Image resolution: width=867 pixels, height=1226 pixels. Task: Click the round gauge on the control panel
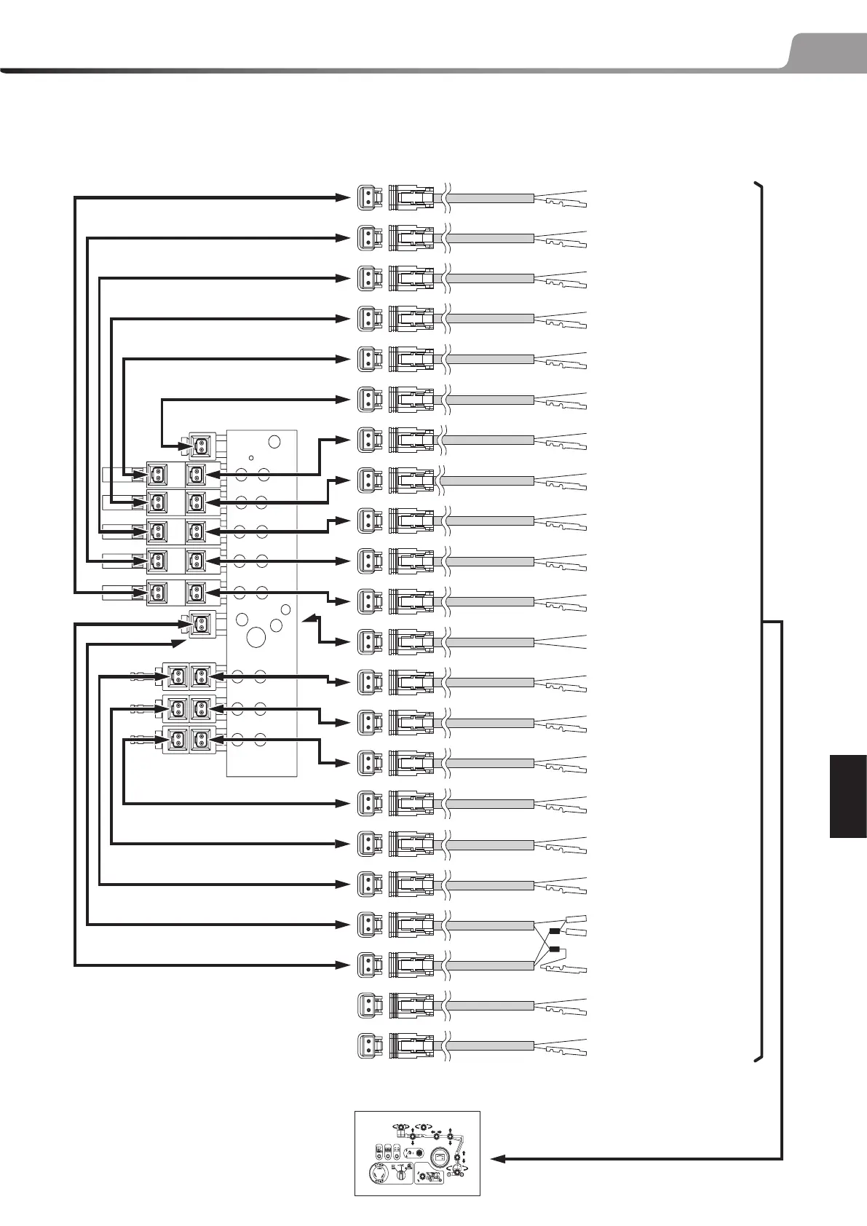tap(440, 1157)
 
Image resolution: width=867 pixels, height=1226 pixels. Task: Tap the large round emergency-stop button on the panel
tap(378, 1171)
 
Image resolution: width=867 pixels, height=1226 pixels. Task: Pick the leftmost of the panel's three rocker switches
tap(379, 1152)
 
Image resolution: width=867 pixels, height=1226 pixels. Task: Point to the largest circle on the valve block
tap(256, 637)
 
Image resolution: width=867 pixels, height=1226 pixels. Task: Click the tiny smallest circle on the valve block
tap(250, 458)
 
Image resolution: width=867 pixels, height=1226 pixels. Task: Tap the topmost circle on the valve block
tap(274, 441)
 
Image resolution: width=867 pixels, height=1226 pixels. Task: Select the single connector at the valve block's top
tap(199, 446)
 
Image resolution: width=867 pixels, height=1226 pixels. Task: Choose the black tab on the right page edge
tap(847, 796)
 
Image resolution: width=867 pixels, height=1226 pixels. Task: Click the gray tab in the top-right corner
tap(826, 50)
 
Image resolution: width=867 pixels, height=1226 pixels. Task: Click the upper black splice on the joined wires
tap(555, 931)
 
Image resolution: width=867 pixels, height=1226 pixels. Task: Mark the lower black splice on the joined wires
tap(555, 949)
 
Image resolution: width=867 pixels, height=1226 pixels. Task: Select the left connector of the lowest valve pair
tap(176, 740)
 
